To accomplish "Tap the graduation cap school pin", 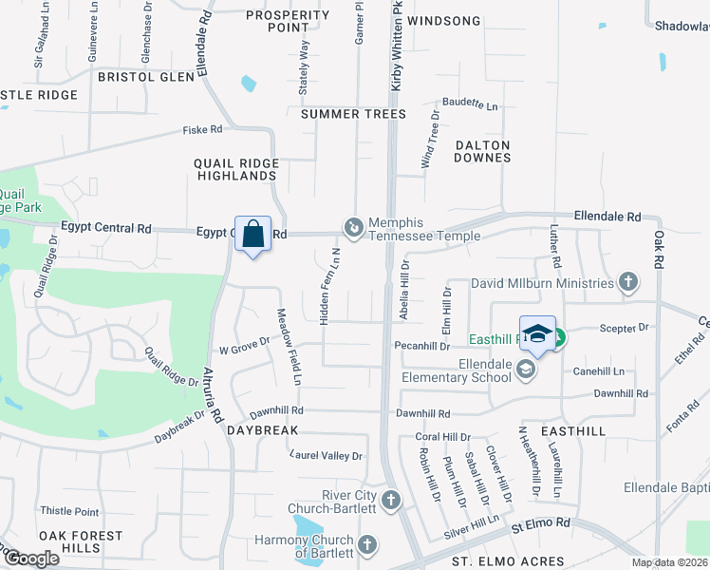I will tap(537, 334).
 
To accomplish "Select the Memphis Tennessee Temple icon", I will tap(353, 227).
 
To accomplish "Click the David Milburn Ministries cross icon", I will tap(627, 282).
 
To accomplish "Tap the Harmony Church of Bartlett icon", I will tap(367, 545).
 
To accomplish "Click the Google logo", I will tap(32, 559).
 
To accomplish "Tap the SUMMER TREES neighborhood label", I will tap(353, 114).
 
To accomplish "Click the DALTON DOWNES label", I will tap(482, 151).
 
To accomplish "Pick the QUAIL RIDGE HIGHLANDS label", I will tap(236, 169).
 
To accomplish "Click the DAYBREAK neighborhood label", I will tap(263, 430).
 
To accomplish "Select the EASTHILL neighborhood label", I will tap(573, 430).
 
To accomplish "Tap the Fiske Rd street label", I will tap(203, 129).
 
